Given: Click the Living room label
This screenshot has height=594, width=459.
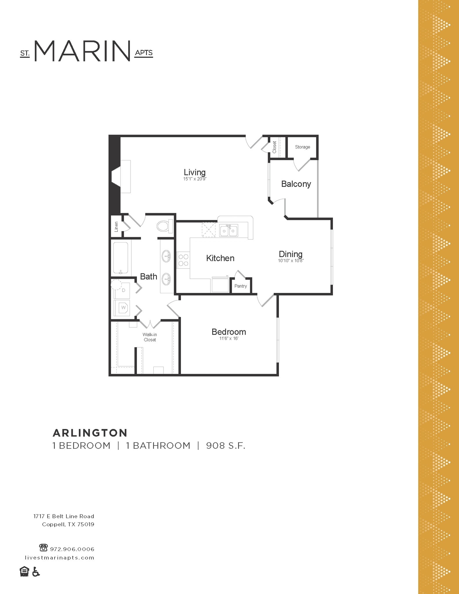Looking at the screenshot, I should (x=195, y=172).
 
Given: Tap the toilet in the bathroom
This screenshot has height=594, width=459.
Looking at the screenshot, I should (x=164, y=226).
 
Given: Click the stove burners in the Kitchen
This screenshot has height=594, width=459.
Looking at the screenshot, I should (x=183, y=260).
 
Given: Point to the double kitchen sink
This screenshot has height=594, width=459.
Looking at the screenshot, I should (x=228, y=231).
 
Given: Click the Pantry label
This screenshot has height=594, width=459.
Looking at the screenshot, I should (x=240, y=286).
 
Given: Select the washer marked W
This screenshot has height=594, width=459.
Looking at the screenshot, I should (x=123, y=308).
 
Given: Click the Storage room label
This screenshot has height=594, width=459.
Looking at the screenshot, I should (x=302, y=147).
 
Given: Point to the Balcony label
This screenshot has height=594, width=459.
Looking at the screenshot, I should (x=296, y=184).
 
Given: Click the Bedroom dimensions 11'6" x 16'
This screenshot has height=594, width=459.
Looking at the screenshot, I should (x=229, y=338).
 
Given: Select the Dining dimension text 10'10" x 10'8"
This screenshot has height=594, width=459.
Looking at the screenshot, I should (x=291, y=261).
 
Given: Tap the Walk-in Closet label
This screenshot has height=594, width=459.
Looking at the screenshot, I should (x=150, y=337).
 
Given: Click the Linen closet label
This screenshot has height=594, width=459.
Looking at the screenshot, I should (x=116, y=227).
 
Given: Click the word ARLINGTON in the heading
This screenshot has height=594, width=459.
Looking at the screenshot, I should (x=90, y=433).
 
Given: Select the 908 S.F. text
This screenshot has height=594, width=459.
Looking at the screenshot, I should (x=226, y=445).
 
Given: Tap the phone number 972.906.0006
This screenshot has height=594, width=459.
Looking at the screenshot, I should (x=72, y=549).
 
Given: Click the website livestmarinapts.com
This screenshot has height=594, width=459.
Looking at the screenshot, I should (x=59, y=557).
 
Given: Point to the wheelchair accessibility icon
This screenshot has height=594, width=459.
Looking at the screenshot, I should (x=36, y=572).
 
